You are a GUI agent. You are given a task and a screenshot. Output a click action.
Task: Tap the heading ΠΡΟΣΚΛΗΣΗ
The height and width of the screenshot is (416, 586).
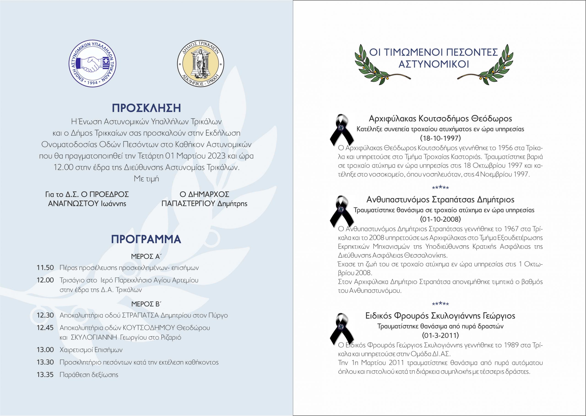(x=146, y=108)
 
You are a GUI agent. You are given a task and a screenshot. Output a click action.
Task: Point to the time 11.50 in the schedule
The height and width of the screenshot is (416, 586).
(x=45, y=268)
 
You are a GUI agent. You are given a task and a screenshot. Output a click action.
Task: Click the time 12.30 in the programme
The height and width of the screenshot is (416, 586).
(x=45, y=315)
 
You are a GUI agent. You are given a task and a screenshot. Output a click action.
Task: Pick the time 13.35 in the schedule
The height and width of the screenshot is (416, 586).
(x=45, y=375)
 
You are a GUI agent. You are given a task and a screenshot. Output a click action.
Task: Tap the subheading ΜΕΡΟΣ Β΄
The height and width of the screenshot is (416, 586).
(x=146, y=304)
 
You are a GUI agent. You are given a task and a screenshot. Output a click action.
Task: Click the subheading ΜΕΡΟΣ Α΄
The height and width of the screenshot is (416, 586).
(x=146, y=257)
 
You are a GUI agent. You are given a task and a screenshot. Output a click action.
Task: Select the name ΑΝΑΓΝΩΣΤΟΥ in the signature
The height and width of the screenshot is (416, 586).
(x=73, y=204)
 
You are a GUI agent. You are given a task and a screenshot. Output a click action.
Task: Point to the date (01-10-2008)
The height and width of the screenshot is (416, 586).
(x=440, y=219)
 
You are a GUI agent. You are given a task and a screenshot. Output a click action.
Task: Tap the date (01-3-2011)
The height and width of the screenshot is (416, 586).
(x=440, y=335)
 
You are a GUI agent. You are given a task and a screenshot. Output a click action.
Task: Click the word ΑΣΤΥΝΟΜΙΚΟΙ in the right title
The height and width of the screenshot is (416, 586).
(x=434, y=64)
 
